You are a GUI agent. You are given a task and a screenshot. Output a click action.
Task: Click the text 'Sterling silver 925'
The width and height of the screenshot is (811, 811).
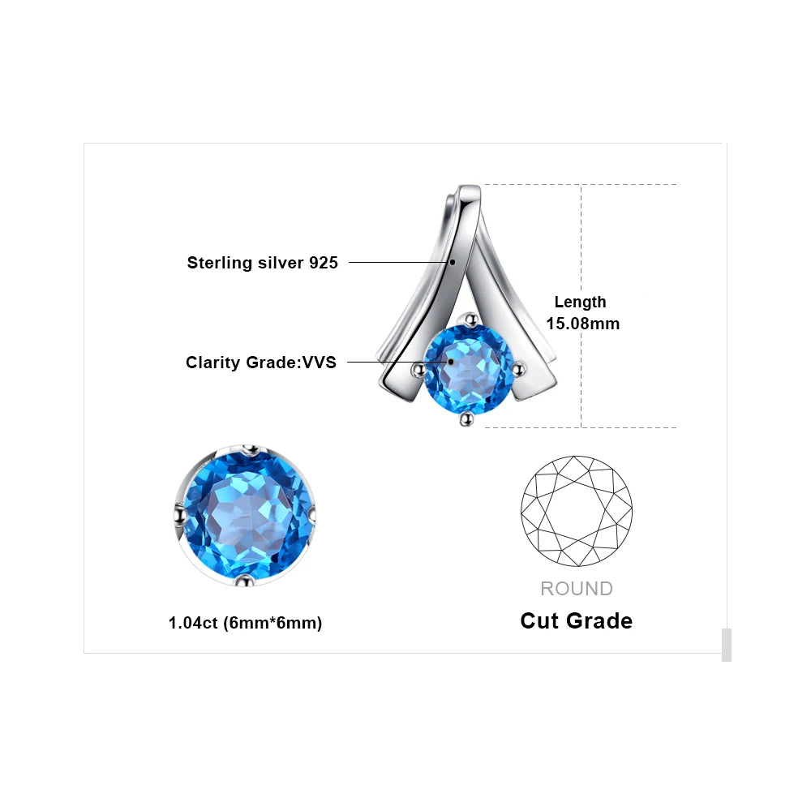(262, 263)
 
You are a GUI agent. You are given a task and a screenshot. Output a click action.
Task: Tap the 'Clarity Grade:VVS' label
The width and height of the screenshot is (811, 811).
(261, 363)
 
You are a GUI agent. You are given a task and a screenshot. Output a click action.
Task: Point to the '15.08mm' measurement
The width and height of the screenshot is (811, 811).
(583, 324)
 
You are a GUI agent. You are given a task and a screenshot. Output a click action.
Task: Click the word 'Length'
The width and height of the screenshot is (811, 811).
(581, 302)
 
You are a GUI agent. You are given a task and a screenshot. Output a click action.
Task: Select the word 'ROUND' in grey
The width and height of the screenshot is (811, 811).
(577, 589)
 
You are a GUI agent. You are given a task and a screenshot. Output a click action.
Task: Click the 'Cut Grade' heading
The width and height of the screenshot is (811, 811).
(576, 620)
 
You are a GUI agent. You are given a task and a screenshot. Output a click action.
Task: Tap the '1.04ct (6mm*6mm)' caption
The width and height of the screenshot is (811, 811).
(245, 623)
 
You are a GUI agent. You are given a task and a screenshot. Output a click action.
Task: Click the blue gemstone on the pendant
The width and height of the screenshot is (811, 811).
(469, 369)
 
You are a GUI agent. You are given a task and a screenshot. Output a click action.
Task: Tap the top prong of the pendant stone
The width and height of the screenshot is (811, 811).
(470, 320)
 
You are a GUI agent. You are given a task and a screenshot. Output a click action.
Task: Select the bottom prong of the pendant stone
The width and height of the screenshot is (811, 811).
(466, 418)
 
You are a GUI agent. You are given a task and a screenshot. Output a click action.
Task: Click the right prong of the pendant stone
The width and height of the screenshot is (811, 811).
(518, 369)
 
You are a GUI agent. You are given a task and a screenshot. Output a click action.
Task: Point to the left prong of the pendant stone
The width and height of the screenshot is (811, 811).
(418, 369)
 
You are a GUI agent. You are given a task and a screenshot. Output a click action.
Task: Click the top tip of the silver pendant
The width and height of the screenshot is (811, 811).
(470, 187)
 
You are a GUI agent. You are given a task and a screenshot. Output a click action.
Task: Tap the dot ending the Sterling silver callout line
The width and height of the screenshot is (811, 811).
(453, 262)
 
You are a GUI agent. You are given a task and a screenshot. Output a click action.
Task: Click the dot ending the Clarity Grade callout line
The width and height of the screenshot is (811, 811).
(450, 362)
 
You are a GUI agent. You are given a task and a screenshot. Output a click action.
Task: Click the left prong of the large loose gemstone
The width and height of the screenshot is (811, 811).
(180, 516)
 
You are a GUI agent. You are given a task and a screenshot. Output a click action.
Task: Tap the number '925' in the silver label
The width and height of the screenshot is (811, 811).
(324, 263)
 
